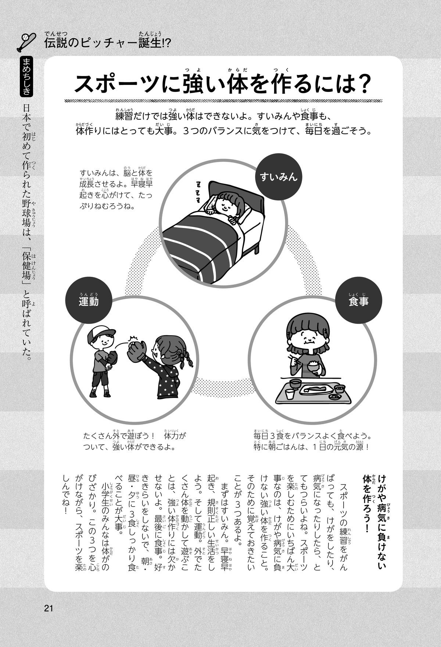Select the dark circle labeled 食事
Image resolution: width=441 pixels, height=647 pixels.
(359, 301)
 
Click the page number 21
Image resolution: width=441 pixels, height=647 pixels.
(49, 608)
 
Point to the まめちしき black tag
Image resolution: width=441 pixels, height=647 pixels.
(26, 76)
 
